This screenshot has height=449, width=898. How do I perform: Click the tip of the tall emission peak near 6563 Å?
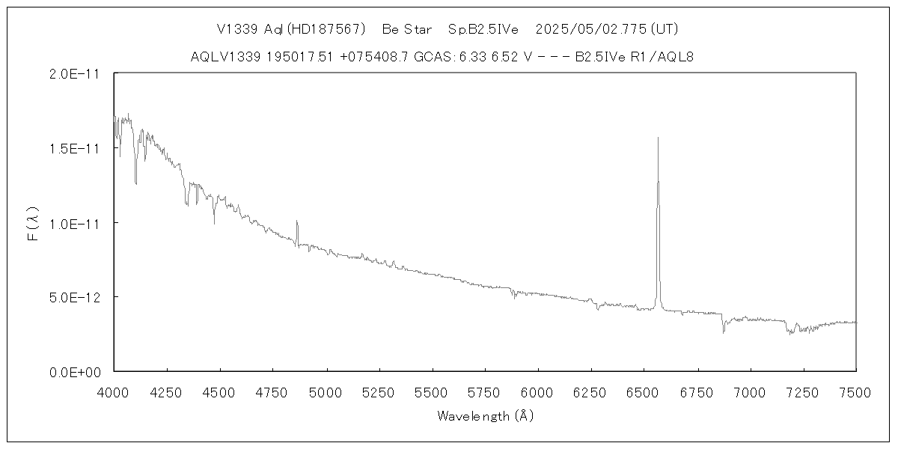pyautogui.click(x=658, y=138)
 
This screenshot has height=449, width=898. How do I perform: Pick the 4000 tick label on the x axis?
pyautogui.click(x=114, y=391)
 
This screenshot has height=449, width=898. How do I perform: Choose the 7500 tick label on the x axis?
pyautogui.click(x=856, y=391)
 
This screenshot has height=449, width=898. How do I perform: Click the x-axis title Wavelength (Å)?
pyautogui.click(x=486, y=415)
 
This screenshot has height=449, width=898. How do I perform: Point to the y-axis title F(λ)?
pyautogui.click(x=31, y=223)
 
